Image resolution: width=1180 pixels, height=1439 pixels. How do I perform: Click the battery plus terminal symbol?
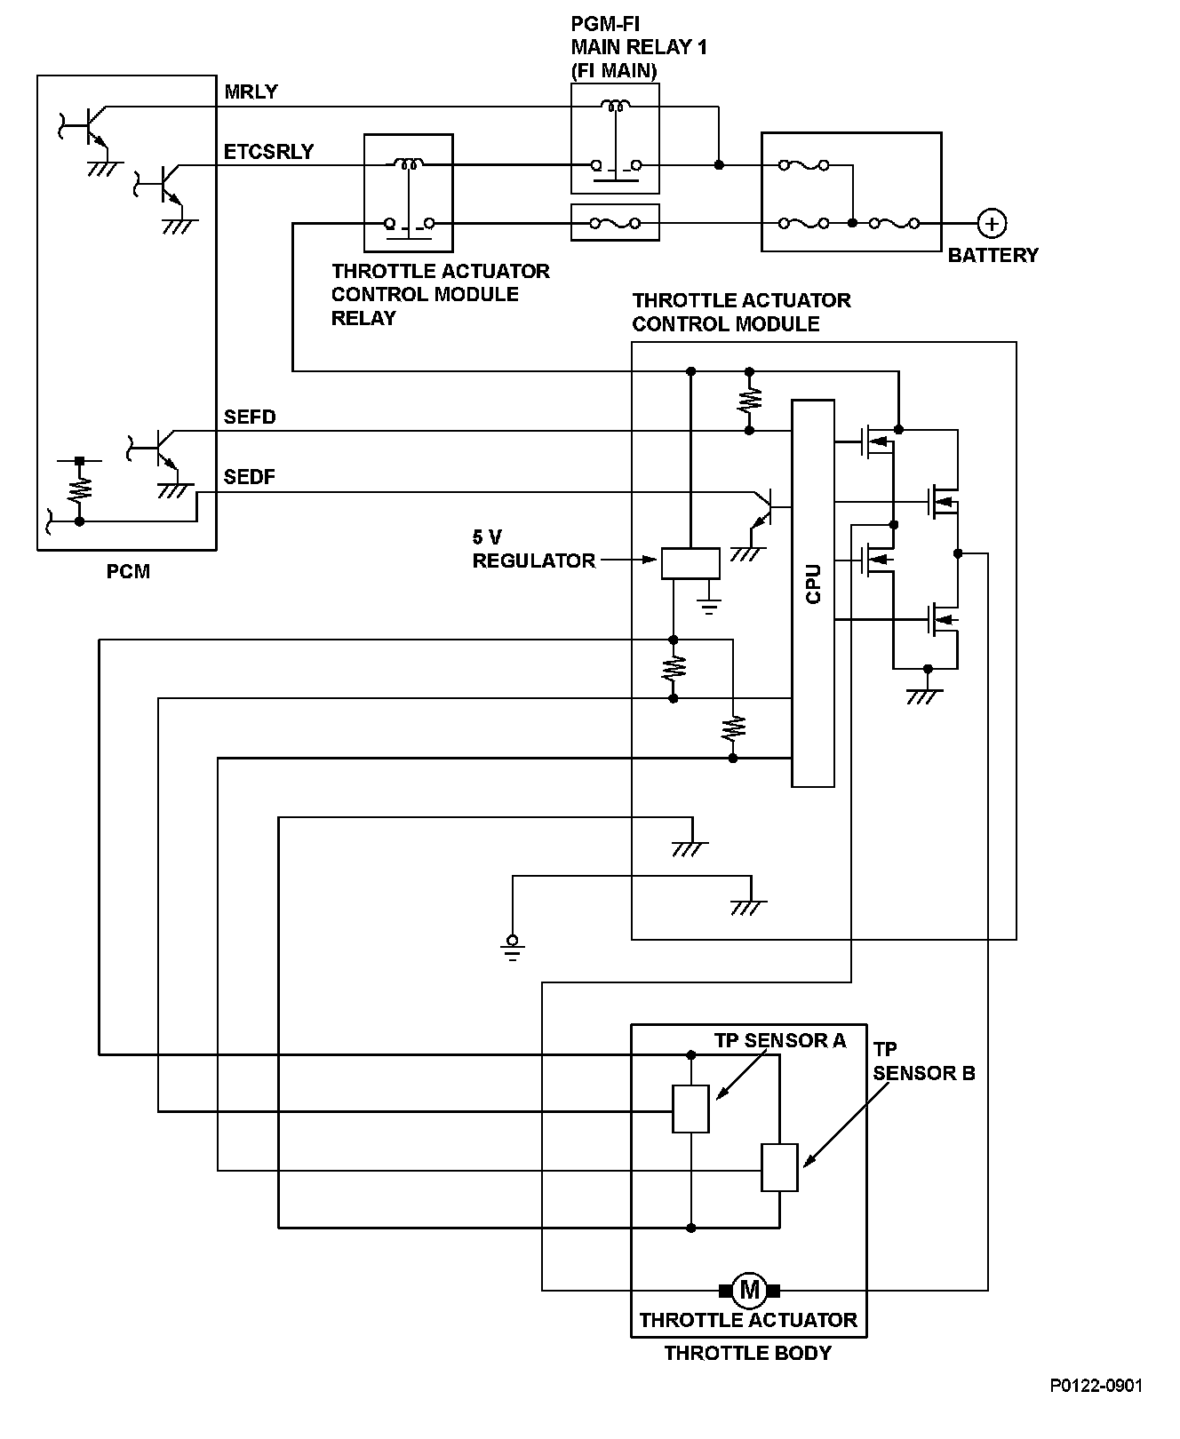point(992,223)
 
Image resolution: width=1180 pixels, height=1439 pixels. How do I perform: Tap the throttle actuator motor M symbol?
point(749,1288)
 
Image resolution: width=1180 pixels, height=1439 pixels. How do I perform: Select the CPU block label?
point(813,584)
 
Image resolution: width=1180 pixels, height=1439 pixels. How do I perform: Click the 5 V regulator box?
point(690,563)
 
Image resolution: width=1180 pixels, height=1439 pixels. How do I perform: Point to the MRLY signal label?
point(251,92)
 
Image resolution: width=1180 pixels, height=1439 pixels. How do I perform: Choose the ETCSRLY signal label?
point(268,152)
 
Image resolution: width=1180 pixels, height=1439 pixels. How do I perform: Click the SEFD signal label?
point(250,417)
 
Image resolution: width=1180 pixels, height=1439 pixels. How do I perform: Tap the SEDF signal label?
point(250,477)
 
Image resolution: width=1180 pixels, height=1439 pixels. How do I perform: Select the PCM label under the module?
point(128,571)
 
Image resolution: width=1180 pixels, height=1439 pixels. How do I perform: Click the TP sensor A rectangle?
point(690,1109)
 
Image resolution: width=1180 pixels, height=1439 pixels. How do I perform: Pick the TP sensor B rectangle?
point(779,1167)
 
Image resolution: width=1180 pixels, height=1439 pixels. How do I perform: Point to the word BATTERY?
point(993,256)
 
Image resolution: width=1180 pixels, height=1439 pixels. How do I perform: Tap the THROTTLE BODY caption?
point(748,1353)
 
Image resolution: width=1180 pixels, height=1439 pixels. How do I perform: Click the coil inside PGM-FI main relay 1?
point(613,107)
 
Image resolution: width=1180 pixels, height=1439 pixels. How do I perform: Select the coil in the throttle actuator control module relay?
point(409,163)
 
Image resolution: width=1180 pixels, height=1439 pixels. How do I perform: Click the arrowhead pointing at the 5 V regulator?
point(650,560)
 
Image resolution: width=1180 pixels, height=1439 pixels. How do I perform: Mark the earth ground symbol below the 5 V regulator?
point(709,608)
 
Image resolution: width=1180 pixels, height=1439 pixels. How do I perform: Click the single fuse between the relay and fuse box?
point(615,223)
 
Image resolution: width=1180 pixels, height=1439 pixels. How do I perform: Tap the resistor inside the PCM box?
point(79,489)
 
